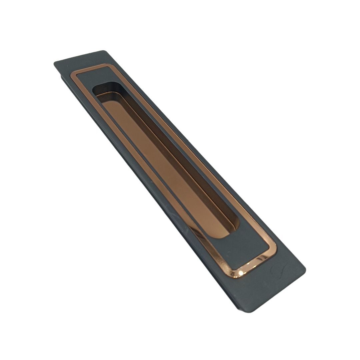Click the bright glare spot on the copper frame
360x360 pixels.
(241, 273)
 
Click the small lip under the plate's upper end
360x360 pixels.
(63, 77)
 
